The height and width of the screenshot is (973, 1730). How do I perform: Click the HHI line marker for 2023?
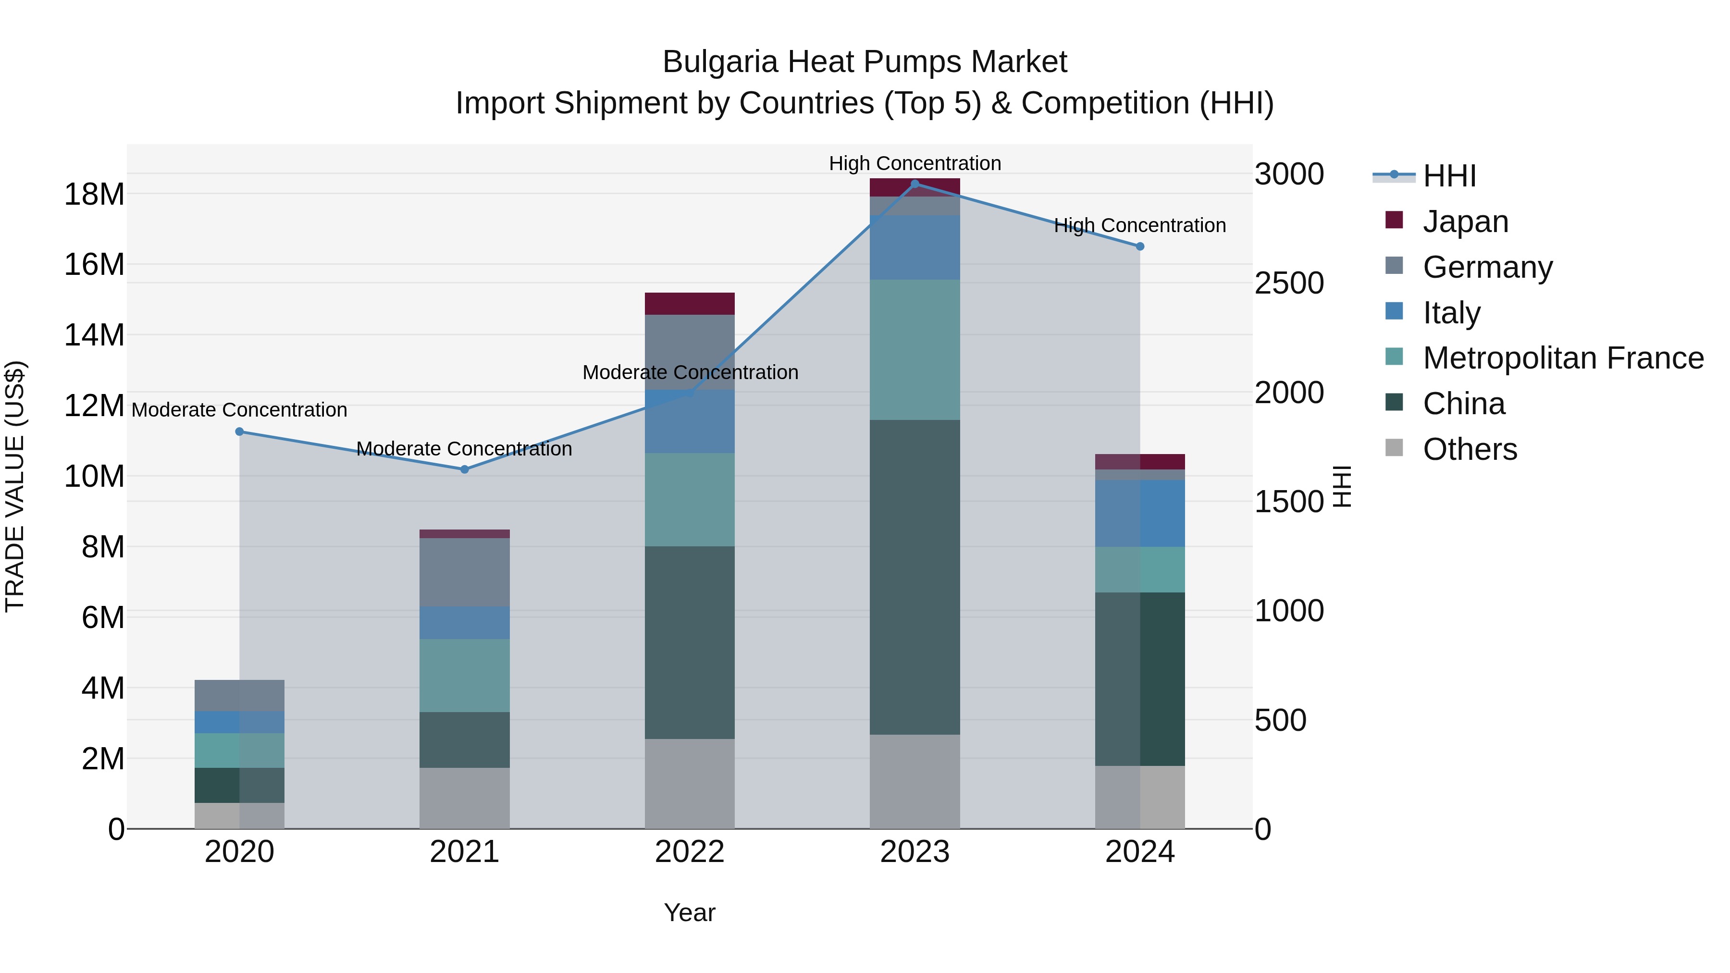click(x=914, y=184)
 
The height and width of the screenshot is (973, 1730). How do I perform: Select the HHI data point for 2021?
click(x=464, y=469)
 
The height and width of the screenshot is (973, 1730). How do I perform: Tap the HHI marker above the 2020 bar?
click(x=240, y=432)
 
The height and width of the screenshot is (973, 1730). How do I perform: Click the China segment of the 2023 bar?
click(x=914, y=578)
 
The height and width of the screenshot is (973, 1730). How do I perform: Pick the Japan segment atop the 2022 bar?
click(x=690, y=304)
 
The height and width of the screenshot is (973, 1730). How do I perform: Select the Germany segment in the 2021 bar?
click(x=464, y=572)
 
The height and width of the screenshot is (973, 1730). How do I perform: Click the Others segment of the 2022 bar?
click(x=690, y=784)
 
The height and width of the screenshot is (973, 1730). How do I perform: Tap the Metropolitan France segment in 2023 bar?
click(x=914, y=350)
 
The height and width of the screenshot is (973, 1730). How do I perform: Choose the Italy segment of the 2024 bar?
click(x=1140, y=513)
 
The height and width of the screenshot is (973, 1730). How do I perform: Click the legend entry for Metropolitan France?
click(x=1562, y=358)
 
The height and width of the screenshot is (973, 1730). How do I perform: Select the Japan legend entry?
click(x=1465, y=221)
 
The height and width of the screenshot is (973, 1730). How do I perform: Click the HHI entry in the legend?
click(x=1448, y=176)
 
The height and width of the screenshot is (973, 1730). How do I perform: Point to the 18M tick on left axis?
click(x=94, y=194)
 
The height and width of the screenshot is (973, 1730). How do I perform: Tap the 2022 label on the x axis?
click(x=690, y=852)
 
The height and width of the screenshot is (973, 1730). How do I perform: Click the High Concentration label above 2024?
click(x=1140, y=226)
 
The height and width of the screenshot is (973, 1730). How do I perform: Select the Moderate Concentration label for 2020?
click(x=240, y=409)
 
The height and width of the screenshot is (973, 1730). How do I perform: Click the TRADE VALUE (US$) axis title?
click(x=15, y=486)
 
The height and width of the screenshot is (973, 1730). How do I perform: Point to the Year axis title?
click(x=690, y=912)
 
